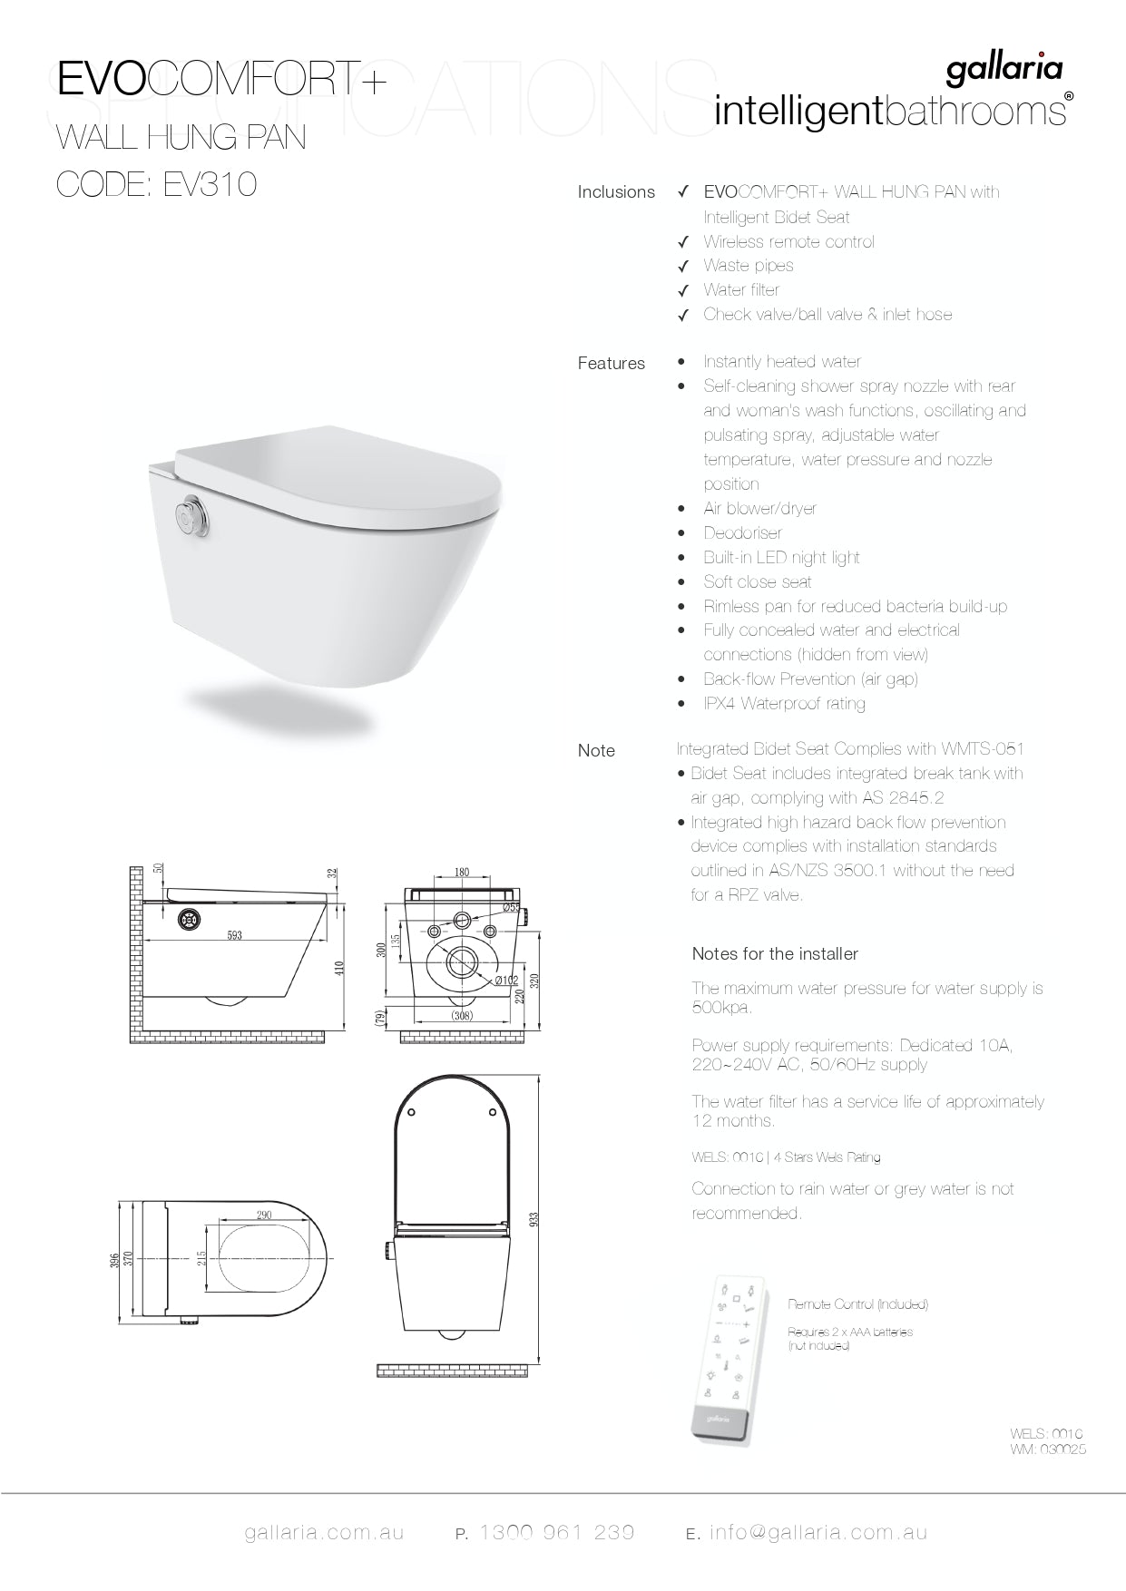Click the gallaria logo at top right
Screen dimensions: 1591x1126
pyautogui.click(x=1004, y=71)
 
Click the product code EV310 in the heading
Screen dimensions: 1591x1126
pyautogui.click(x=210, y=184)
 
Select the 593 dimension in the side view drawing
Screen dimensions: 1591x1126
pyautogui.click(x=234, y=935)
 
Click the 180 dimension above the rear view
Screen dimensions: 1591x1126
pyautogui.click(x=461, y=873)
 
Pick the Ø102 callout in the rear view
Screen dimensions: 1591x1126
pyautogui.click(x=506, y=981)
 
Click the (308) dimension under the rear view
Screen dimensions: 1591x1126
pyautogui.click(x=462, y=1016)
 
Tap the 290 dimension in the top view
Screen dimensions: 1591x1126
pyautogui.click(x=264, y=1215)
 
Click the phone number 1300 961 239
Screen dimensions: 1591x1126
pyautogui.click(x=556, y=1532)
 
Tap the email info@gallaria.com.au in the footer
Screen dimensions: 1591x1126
pyautogui.click(x=818, y=1532)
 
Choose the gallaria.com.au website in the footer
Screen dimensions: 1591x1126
pyautogui.click(x=324, y=1533)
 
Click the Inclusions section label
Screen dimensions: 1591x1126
pyautogui.click(x=616, y=192)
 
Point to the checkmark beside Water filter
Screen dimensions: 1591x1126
pyautogui.click(x=684, y=291)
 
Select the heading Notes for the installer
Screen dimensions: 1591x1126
pyautogui.click(x=775, y=953)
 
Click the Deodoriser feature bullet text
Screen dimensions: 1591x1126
pyautogui.click(x=742, y=533)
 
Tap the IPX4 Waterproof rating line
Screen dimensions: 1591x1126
pyautogui.click(x=784, y=704)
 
